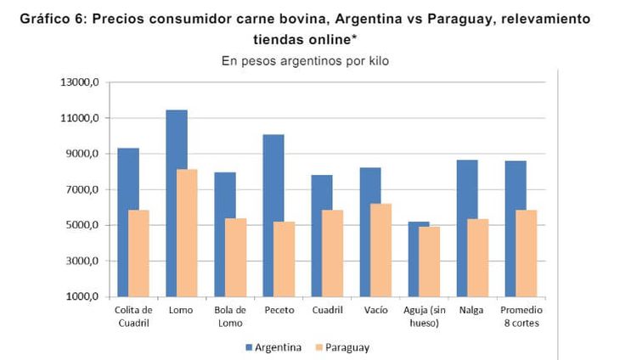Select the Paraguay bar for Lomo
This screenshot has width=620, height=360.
187,233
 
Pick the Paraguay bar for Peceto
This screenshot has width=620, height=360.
285,259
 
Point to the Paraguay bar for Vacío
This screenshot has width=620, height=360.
381,250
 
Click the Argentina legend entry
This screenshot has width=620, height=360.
268,347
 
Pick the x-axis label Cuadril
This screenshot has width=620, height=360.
327,310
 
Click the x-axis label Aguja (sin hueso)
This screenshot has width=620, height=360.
425,316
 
